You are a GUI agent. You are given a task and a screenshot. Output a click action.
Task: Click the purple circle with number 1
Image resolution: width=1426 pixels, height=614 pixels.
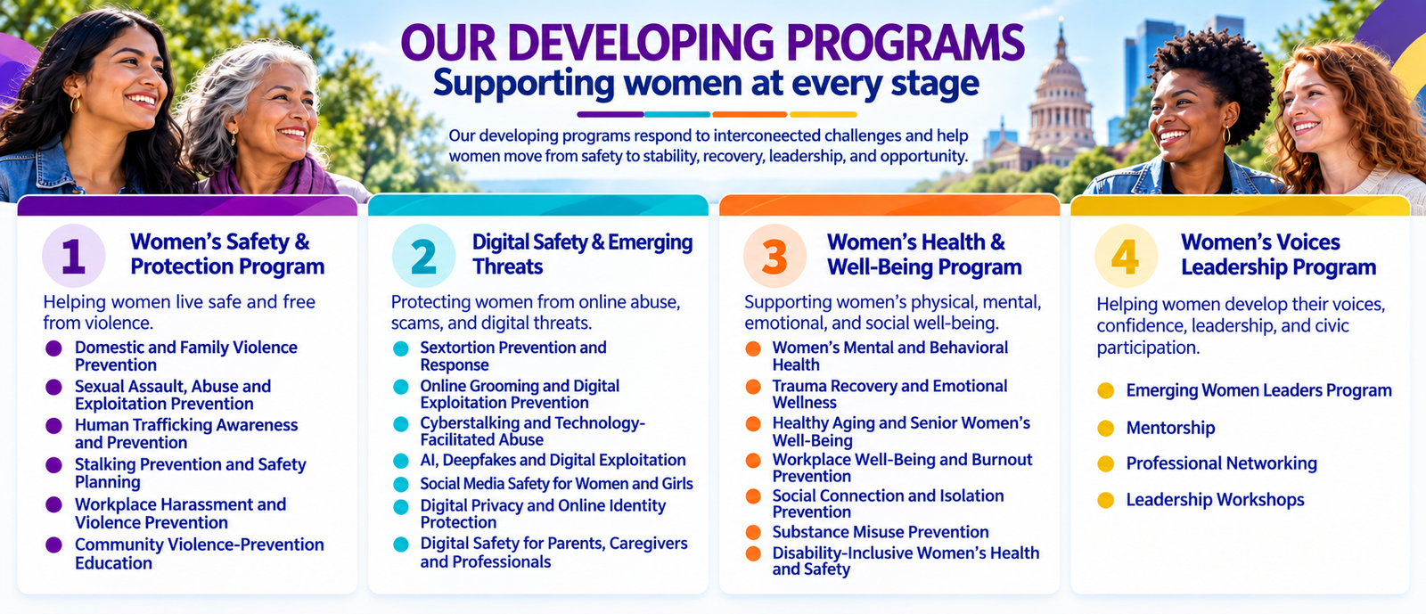(x=74, y=256)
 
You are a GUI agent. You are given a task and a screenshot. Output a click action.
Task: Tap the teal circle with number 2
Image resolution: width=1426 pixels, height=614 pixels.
(x=424, y=256)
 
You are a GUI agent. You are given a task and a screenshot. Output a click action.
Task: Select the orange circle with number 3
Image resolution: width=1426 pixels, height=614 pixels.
(x=774, y=256)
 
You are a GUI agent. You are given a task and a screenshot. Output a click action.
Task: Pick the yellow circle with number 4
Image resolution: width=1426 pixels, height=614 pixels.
(x=1127, y=256)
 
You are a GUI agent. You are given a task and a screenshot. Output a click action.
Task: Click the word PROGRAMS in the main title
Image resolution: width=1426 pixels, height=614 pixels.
(x=905, y=44)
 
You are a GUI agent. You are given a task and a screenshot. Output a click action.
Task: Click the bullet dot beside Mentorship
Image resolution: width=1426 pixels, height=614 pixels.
(x=1106, y=429)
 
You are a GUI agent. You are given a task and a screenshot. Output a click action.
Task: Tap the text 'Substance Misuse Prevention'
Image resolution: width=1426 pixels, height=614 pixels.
(x=881, y=532)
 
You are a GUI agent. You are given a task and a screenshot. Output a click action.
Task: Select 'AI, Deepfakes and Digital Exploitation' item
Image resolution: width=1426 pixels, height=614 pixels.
(x=553, y=460)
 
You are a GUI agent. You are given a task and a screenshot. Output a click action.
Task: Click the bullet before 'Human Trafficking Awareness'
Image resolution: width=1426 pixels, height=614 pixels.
(x=54, y=426)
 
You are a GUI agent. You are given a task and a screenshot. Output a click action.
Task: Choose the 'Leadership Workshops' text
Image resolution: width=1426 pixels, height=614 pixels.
(x=1216, y=500)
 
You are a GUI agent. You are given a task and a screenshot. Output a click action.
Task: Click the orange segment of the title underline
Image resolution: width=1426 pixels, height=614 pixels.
(x=750, y=115)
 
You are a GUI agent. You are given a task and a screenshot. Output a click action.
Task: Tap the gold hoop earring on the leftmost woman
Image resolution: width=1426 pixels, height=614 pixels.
(x=75, y=103)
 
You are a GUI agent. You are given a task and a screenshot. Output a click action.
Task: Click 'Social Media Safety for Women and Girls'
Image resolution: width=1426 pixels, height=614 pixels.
(x=556, y=484)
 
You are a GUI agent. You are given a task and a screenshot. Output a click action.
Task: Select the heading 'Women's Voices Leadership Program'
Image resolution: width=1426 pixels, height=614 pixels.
(x=1278, y=255)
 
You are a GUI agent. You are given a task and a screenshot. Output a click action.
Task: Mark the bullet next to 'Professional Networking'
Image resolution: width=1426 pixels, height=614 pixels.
(x=1106, y=463)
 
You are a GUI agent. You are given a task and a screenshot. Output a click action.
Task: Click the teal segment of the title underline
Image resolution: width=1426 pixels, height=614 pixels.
(x=676, y=115)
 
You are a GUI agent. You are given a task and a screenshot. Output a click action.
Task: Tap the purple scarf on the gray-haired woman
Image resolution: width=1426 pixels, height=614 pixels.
(x=274, y=178)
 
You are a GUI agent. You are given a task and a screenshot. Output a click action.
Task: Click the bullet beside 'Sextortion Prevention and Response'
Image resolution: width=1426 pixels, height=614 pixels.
(x=400, y=348)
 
